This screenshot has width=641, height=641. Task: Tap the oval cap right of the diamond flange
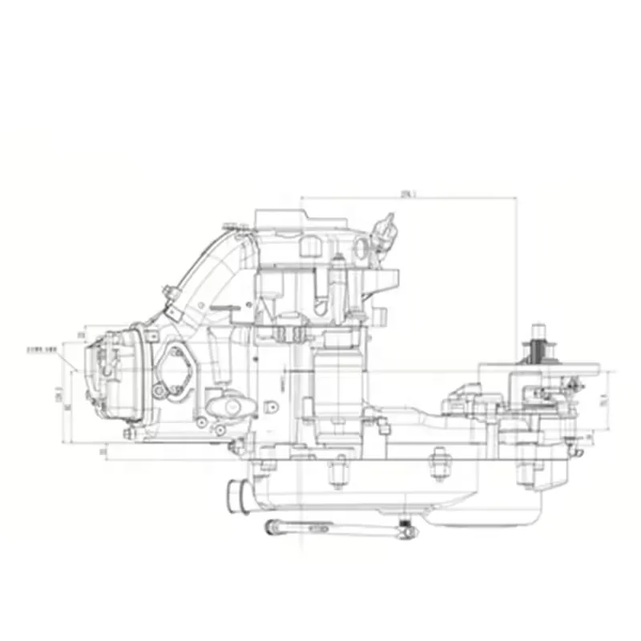pyautogui.click(x=226, y=407)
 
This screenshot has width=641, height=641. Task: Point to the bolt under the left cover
pyautogui.click(x=127, y=433)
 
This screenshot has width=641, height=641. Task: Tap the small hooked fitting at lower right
pyautogui.click(x=571, y=449)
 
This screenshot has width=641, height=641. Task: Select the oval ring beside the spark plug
pyautogui.click(x=363, y=248)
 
